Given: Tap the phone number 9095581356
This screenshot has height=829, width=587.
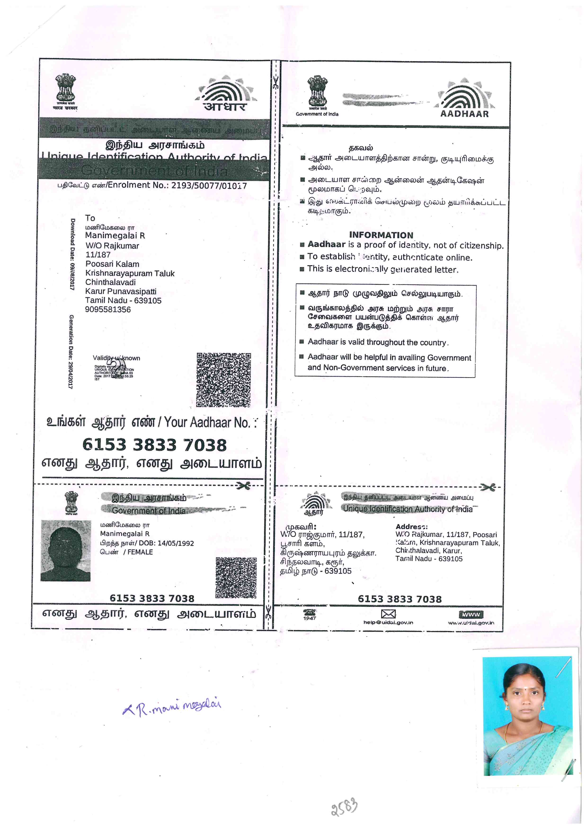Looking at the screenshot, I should coord(108,309).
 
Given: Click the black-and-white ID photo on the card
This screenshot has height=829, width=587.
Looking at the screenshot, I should coord(66,550).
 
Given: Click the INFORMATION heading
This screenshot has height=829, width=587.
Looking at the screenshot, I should coord(381,235).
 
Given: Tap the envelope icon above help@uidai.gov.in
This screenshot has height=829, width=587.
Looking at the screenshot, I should coord(388,614).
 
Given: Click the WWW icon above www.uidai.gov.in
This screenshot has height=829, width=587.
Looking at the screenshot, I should coord(471,614).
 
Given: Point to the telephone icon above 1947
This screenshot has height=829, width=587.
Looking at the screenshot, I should coord(310,612).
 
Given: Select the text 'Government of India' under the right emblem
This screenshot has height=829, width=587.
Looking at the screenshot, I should coord(317,114).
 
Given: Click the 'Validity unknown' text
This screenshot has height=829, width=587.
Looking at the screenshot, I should coord(116,358).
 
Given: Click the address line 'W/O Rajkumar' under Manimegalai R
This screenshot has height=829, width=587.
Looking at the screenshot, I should coord(112,246).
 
